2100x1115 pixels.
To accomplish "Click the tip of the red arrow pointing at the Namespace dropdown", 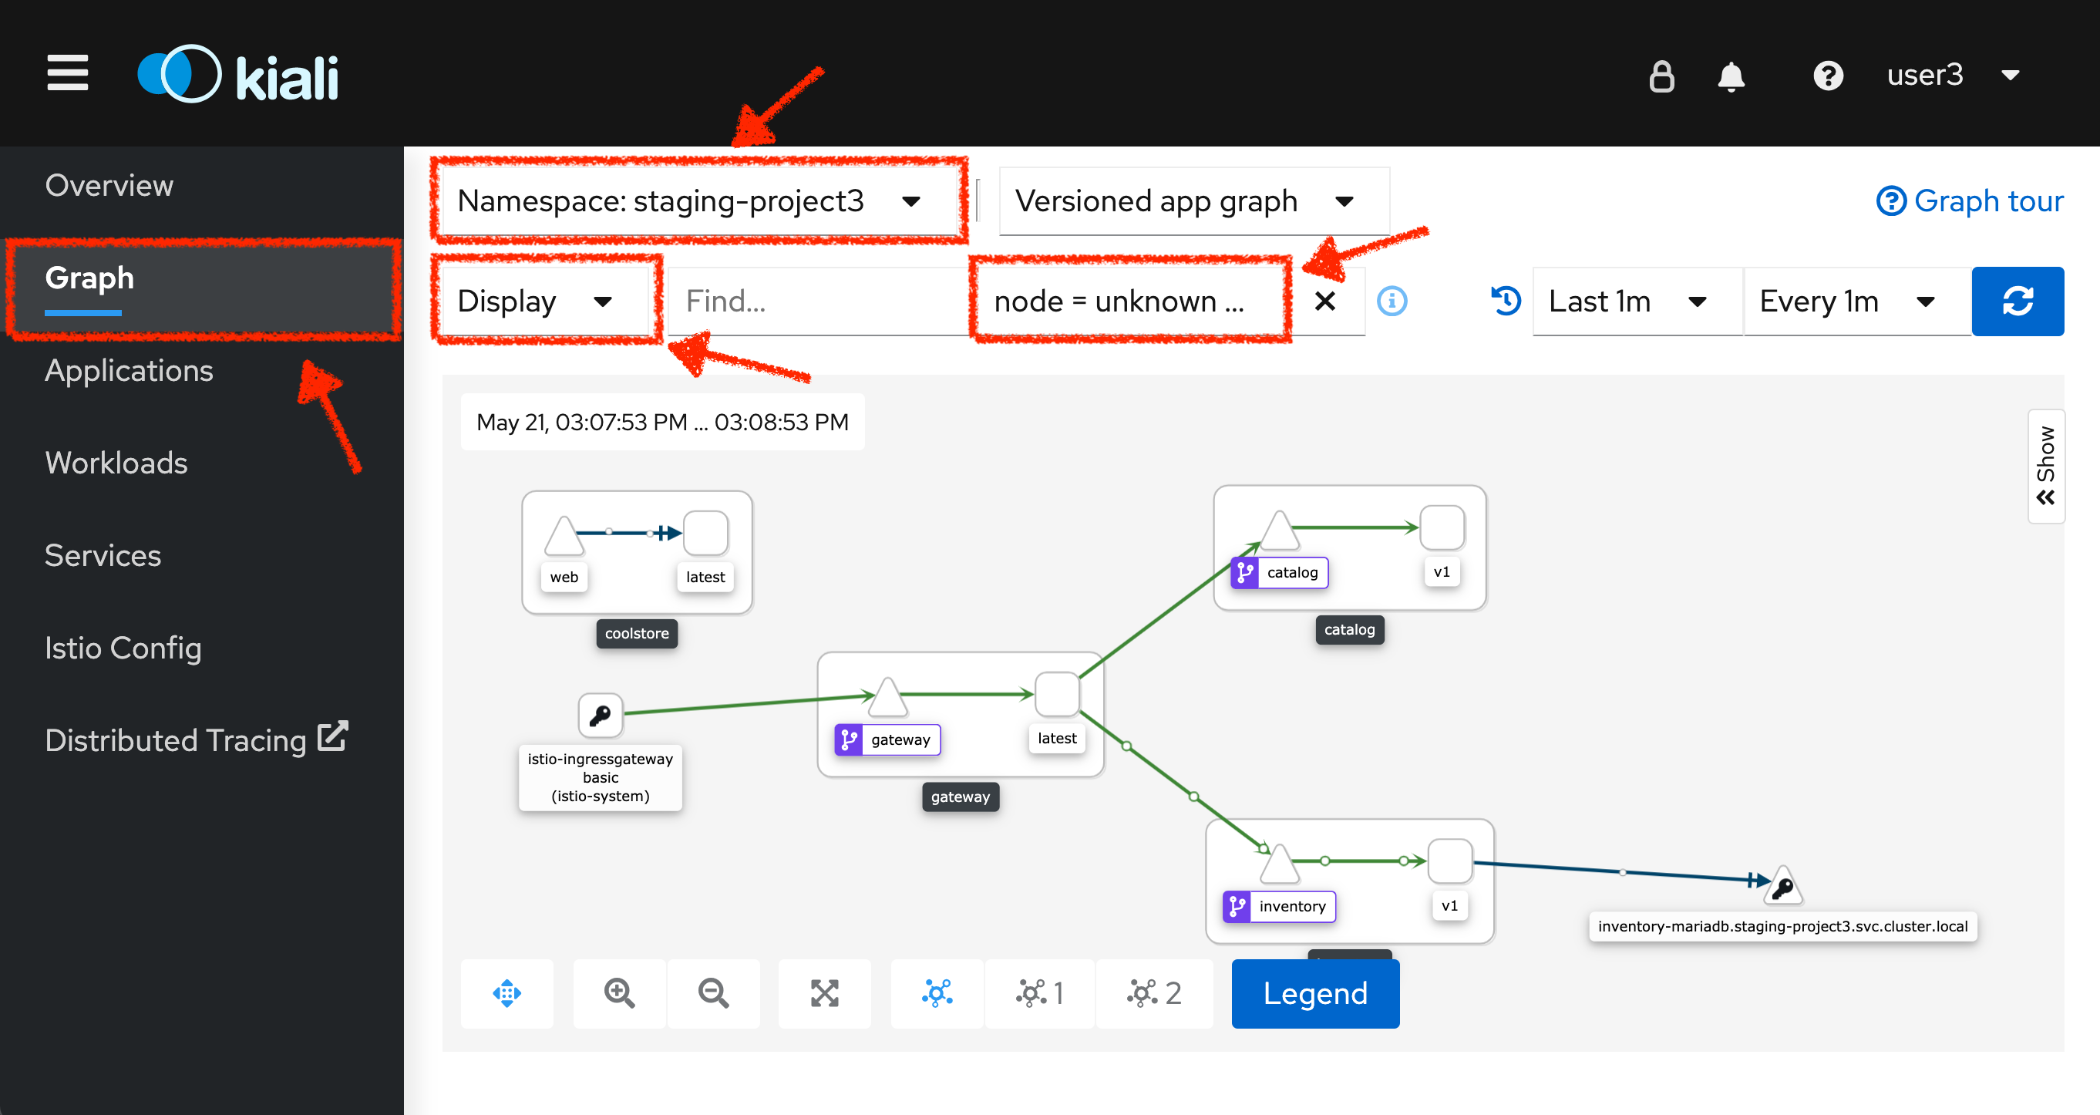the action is pyautogui.click(x=733, y=145).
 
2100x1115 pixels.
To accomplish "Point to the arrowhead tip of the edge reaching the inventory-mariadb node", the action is pyautogui.click(x=1772, y=881).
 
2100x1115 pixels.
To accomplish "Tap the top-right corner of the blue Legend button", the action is pyautogui.click(x=1399, y=960).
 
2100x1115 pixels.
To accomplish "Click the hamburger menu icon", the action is pyautogui.click(x=68, y=73).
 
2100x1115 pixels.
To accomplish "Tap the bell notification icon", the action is pyautogui.click(x=1731, y=76).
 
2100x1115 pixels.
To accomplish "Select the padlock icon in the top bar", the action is pyautogui.click(x=1661, y=76).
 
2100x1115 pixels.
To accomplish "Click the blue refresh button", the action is pyautogui.click(x=2018, y=301).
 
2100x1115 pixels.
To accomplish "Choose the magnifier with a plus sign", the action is pyautogui.click(x=620, y=993).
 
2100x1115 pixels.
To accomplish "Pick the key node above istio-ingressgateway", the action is pyautogui.click(x=601, y=716).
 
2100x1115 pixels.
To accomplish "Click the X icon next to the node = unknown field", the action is pyautogui.click(x=1325, y=301).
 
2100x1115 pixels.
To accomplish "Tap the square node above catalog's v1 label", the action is pyautogui.click(x=1442, y=527).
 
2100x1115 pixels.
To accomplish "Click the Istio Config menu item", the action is pyautogui.click(x=123, y=648).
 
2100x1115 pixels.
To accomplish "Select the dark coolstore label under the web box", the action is pyautogui.click(x=637, y=634).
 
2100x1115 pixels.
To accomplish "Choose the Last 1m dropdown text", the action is pyautogui.click(x=1600, y=301).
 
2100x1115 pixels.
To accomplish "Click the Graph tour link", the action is pyautogui.click(x=1970, y=200).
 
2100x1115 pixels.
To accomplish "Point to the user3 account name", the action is pyautogui.click(x=1925, y=75).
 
